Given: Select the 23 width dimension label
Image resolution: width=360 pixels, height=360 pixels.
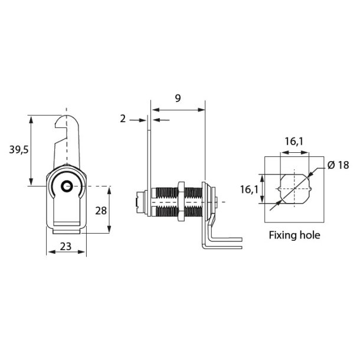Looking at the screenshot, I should (x=65, y=248).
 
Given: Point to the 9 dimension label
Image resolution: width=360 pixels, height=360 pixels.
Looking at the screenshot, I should (x=178, y=99).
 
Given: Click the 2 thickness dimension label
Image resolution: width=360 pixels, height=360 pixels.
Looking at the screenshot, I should (x=123, y=119).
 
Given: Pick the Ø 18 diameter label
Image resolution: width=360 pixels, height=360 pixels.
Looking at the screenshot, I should (x=338, y=165).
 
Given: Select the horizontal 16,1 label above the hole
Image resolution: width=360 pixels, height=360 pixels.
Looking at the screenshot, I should (x=294, y=142).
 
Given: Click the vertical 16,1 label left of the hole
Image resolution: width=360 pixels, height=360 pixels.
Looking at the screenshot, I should (x=248, y=189).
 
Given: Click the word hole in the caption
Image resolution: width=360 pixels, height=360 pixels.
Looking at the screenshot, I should (x=309, y=235).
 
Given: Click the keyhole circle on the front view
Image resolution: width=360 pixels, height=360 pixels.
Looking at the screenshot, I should (x=67, y=186).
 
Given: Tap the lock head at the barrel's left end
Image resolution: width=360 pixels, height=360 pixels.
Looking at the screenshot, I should (x=140, y=201).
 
